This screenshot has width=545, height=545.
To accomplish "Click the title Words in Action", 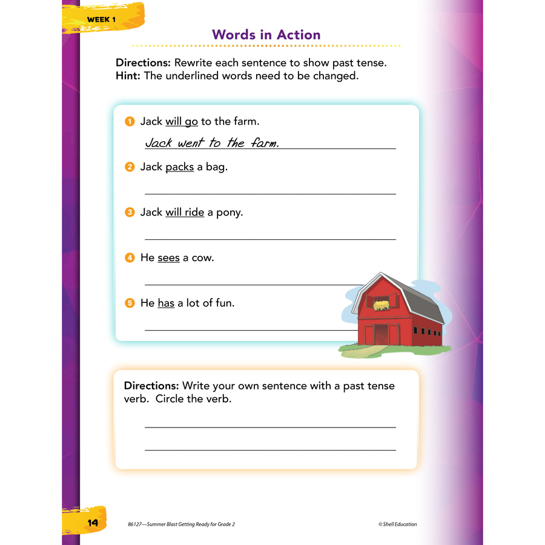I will point(266,35).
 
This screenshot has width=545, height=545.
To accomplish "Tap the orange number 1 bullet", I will point(129,122).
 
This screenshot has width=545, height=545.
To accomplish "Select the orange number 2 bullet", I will point(129,167).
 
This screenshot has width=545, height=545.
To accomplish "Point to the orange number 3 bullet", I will point(129,213).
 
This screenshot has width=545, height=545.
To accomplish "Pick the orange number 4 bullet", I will point(129,258).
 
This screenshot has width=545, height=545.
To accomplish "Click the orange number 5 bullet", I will point(129,303).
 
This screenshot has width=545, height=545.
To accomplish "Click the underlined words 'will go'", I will point(182,122).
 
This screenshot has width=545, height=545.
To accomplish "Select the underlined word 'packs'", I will point(179,167).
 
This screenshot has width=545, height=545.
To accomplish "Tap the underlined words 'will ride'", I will point(185,213).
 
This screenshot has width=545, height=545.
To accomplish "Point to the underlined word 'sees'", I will point(168,258).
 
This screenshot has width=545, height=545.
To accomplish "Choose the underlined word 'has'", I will point(166,303).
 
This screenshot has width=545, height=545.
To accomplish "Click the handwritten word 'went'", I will point(190,144).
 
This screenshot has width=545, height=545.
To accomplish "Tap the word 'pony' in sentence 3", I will point(230,213).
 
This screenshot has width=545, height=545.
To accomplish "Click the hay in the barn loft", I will point(381,305).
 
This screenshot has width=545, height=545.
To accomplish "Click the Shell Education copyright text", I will point(397,524).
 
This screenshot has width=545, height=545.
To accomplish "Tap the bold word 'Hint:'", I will point(128,76).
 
